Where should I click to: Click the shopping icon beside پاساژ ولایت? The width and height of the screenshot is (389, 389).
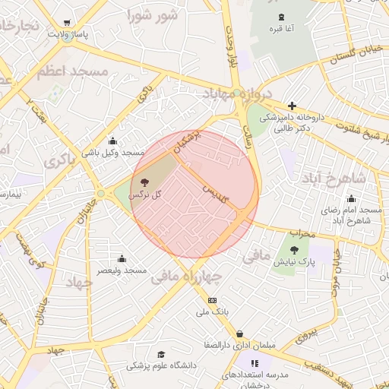[69, 24]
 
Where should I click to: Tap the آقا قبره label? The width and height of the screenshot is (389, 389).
[280, 29]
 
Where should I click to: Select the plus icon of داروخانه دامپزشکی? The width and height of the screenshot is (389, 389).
[292, 106]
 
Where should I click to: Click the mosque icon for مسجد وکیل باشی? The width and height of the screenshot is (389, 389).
[113, 141]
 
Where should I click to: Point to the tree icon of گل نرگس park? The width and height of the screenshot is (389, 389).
[145, 182]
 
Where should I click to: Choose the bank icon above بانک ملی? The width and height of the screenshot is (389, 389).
[212, 300]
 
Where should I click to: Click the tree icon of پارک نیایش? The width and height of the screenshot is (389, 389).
[293, 248]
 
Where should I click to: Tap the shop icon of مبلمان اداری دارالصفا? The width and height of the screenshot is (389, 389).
[240, 334]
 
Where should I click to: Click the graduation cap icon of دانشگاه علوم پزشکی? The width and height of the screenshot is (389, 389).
[160, 354]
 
